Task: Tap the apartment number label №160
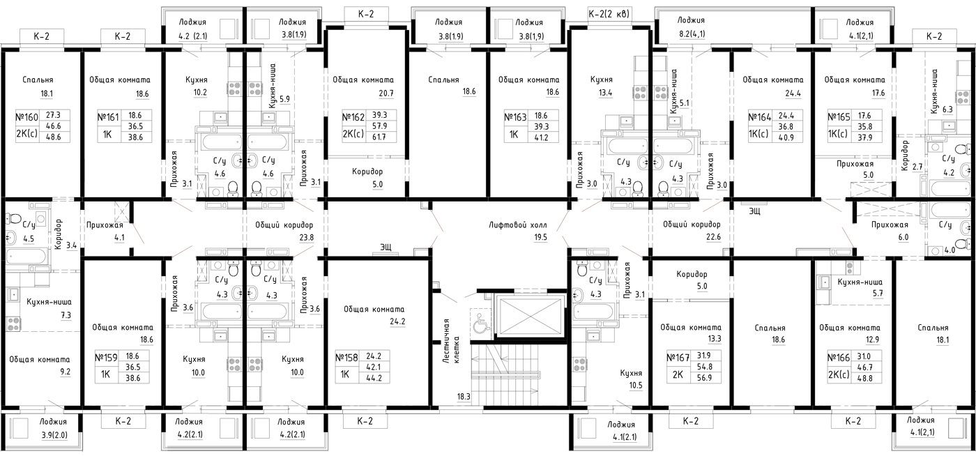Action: pyautogui.click(x=27, y=117)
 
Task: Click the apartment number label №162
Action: pyautogui.click(x=353, y=117)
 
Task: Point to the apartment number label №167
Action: pyautogui.click(x=678, y=358)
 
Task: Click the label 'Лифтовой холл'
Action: pyautogui.click(x=517, y=225)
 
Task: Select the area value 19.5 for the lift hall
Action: pyautogui.click(x=540, y=238)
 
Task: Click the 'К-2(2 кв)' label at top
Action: pyautogui.click(x=609, y=14)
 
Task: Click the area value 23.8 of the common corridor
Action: pyautogui.click(x=306, y=238)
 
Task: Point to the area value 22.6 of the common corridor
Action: pyautogui.click(x=713, y=237)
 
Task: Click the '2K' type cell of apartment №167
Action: pyautogui.click(x=678, y=374)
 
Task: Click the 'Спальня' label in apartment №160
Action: pyautogui.click(x=38, y=80)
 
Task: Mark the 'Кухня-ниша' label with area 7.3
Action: pyautogui.click(x=49, y=302)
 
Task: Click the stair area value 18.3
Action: pyautogui.click(x=464, y=397)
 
